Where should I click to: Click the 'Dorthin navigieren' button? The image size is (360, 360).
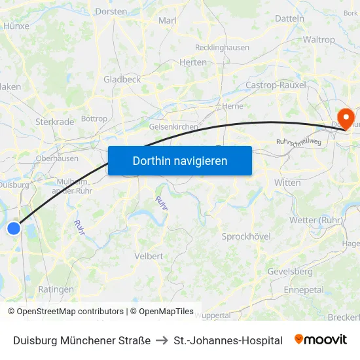point(180,160)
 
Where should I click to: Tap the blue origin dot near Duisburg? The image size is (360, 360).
point(14,228)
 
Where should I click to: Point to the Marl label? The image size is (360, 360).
point(168,20)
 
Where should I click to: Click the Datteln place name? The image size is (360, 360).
point(289,18)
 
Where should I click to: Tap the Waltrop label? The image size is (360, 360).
point(319,39)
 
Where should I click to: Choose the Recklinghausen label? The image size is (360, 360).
point(222,47)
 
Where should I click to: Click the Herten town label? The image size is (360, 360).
point(192,62)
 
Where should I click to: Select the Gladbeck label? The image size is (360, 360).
point(122,79)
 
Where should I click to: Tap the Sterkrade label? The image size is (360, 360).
point(54,121)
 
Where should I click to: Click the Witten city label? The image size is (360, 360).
point(287,183)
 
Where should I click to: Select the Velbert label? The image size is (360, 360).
point(149,256)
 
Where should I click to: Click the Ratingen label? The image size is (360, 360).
point(56,289)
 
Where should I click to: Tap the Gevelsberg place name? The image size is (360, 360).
point(290,272)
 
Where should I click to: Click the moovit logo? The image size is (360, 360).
point(321,340)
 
